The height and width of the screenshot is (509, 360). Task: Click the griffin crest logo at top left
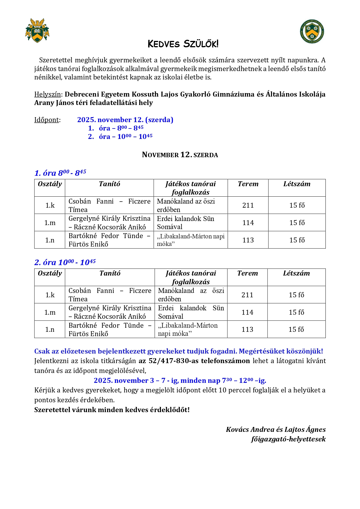(x=37, y=31)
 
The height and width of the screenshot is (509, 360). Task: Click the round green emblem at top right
(x=312, y=31)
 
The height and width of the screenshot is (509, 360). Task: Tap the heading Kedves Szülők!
(x=183, y=44)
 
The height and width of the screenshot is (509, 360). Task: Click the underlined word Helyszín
(x=48, y=94)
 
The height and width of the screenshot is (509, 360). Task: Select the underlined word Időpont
(x=47, y=120)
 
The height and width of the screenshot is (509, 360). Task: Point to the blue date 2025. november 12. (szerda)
(x=125, y=120)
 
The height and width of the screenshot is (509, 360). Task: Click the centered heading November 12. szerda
(x=180, y=155)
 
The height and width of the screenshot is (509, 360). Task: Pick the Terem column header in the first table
(x=248, y=184)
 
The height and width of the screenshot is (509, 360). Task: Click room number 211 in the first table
(x=248, y=205)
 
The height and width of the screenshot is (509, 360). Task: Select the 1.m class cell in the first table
(x=50, y=223)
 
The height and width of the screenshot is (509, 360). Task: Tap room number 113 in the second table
(x=247, y=329)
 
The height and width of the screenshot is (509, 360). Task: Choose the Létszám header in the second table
(x=296, y=273)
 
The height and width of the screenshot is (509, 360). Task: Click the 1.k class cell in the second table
(x=50, y=295)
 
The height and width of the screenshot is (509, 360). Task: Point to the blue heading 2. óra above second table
(x=65, y=262)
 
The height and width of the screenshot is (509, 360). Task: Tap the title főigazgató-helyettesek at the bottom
(x=288, y=439)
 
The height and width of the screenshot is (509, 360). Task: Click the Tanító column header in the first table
(x=109, y=184)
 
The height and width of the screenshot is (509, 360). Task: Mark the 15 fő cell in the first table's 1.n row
(x=297, y=240)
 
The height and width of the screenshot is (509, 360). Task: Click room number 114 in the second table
(x=247, y=312)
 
